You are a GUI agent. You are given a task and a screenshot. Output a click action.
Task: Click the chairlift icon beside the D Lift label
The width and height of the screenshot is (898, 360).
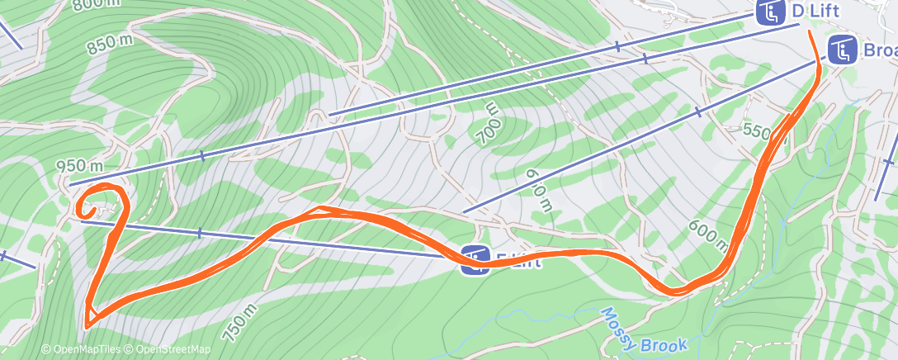pos(770,13)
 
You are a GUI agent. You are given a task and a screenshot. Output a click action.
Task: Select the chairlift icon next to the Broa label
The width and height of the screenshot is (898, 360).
pos(842,51)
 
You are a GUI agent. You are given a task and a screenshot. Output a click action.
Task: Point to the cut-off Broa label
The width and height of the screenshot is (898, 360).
pos(880,51)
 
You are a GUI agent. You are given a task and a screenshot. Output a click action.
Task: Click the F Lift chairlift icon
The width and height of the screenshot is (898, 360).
pos(475,260)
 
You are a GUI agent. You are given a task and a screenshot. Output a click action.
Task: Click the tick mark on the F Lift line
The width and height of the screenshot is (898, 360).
pos(199,234)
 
